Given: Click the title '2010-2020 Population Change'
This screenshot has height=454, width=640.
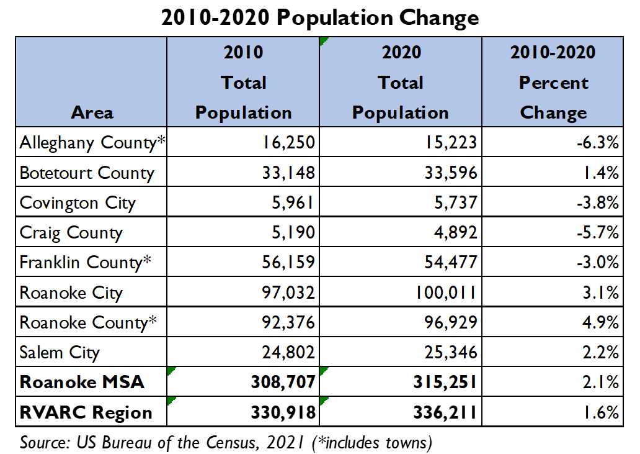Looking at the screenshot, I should tap(319, 18).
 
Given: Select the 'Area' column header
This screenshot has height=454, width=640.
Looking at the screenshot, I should tap(92, 112).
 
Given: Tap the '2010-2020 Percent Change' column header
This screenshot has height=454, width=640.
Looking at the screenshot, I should tap(553, 83).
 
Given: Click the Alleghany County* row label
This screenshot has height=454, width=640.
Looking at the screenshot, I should tap(92, 143).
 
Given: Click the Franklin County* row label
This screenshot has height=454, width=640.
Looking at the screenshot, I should tap(86, 263).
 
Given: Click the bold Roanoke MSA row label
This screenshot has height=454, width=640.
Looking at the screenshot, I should tap(82, 382).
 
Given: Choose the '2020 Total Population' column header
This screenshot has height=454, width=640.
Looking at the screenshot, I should tap(400, 83).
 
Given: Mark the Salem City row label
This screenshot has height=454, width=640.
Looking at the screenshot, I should tap(60, 353).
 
